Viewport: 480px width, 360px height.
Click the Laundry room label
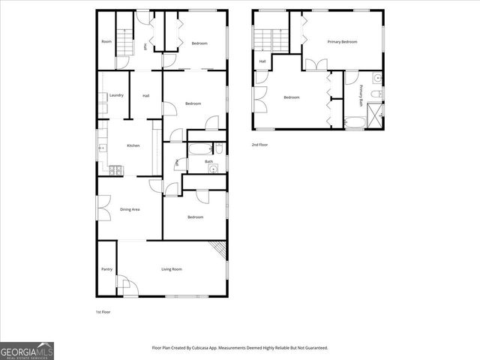(116, 95)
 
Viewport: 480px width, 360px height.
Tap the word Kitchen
(133, 145)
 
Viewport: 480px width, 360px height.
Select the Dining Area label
(130, 209)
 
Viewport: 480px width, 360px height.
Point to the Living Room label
(172, 268)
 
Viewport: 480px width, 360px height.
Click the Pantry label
(106, 268)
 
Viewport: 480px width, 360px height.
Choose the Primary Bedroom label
(342, 42)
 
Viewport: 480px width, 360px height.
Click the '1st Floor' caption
(103, 311)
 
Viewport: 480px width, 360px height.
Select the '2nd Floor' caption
(259, 145)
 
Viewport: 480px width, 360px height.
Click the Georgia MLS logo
(27, 350)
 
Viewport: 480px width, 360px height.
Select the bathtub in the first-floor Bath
(199, 148)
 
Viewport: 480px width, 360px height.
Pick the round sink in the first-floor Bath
(214, 169)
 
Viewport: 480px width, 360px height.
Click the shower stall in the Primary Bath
(374, 114)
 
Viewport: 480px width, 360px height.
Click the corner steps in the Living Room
(218, 249)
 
